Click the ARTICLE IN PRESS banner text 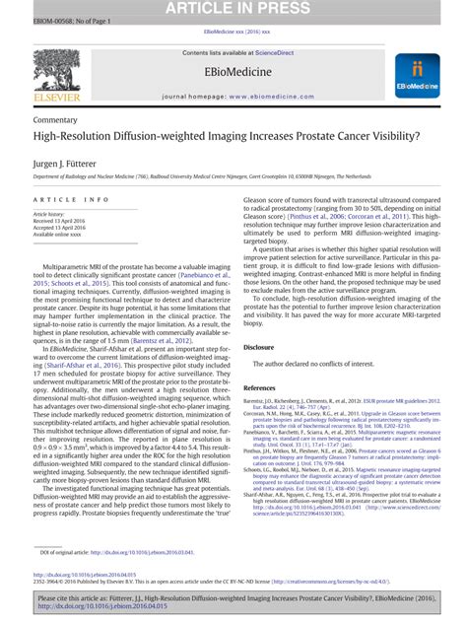233,10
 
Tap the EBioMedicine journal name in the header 233,73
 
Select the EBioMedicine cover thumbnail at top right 417,76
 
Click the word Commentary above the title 55,117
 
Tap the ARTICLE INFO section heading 65,199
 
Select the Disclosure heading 258,348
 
